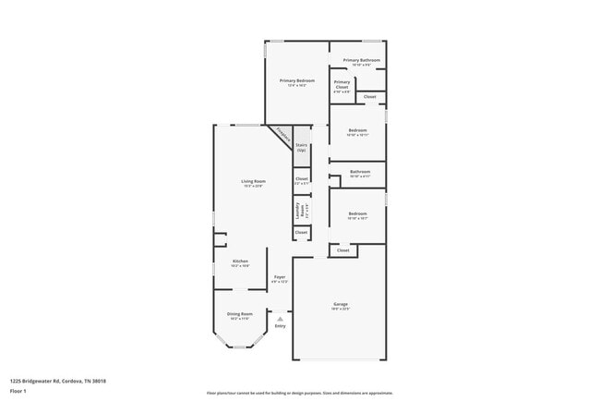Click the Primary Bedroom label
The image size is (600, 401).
coord(297,81)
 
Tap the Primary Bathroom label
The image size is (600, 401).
coord(362,61)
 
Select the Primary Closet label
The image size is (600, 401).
coord(342,86)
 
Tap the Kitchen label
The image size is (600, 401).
coord(240,262)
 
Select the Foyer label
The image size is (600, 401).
coord(280,279)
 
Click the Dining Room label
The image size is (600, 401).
coord(239,315)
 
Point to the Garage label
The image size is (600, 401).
coord(341,305)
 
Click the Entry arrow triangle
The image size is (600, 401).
coord(280,319)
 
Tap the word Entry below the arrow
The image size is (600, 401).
coord(280,326)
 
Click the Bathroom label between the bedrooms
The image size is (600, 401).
coord(360,173)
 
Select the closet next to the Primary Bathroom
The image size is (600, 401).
coord(369,97)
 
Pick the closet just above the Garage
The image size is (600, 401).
coord(342,250)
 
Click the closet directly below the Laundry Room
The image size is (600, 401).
coord(301,232)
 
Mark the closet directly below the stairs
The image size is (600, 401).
coord(301,179)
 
